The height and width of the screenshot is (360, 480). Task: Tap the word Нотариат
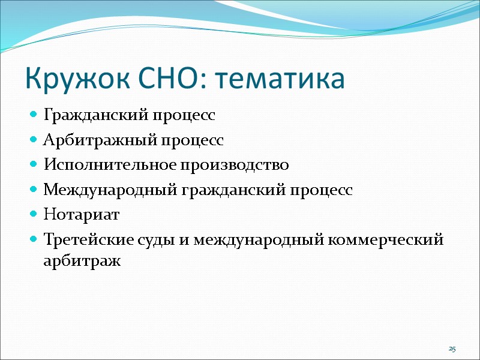pos(82,215)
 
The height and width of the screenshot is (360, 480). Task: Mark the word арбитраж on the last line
pos(82,261)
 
